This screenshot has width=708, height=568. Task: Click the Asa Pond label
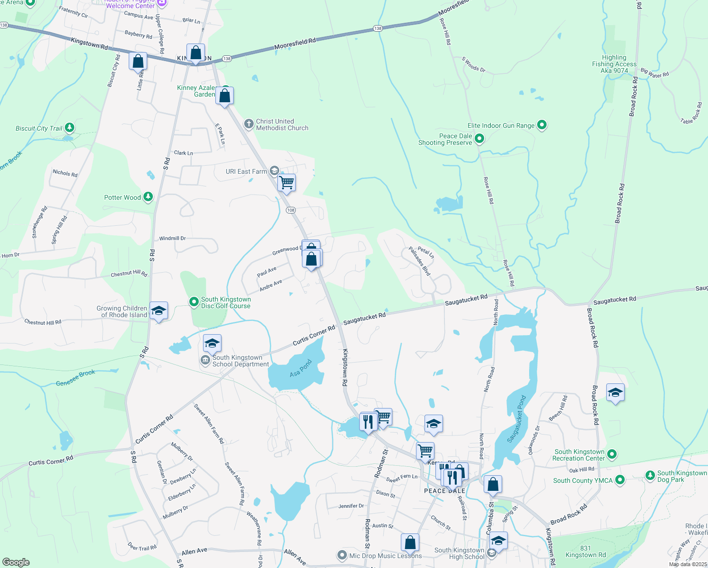pyautogui.click(x=301, y=368)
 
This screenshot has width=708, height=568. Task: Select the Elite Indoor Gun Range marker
pyautogui.click(x=542, y=125)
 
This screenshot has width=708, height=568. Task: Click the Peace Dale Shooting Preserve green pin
pyautogui.click(x=479, y=139)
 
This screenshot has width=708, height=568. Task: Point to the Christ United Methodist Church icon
pyautogui.click(x=249, y=124)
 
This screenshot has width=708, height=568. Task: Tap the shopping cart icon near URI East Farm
pyautogui.click(x=286, y=182)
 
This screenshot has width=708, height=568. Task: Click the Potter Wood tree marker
pyautogui.click(x=148, y=197)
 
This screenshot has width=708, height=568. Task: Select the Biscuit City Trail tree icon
pyautogui.click(x=70, y=128)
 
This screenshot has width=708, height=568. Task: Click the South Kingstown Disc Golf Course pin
pyautogui.click(x=194, y=302)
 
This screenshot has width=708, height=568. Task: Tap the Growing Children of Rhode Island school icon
pyautogui.click(x=159, y=311)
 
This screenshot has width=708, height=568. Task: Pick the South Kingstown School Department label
pyautogui.click(x=240, y=361)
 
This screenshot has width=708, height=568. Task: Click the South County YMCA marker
pyautogui.click(x=619, y=480)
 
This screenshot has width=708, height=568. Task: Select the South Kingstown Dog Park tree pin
pyautogui.click(x=650, y=475)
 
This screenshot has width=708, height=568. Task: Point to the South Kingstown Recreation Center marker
pyautogui.click(x=612, y=454)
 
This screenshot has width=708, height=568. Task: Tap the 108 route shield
pyautogui.click(x=291, y=210)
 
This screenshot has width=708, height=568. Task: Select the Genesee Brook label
pyautogui.click(x=76, y=378)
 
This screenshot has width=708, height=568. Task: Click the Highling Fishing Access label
pyautogui.click(x=614, y=64)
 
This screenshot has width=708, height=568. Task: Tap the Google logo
pyautogui.click(x=16, y=562)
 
